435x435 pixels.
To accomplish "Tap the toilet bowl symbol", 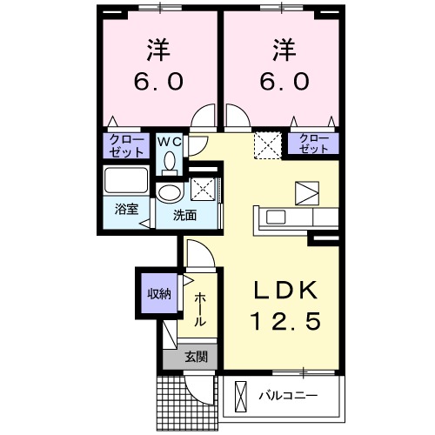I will coord(169,161).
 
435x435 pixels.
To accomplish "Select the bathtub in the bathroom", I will coord(127,182).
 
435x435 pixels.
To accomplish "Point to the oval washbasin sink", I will coord(168,192).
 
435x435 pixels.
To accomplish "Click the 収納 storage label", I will coord(157,292).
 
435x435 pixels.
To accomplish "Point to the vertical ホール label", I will coord(200,309).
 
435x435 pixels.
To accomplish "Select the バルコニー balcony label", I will coord(288,397).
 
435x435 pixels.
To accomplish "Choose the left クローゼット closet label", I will coord(126,144).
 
